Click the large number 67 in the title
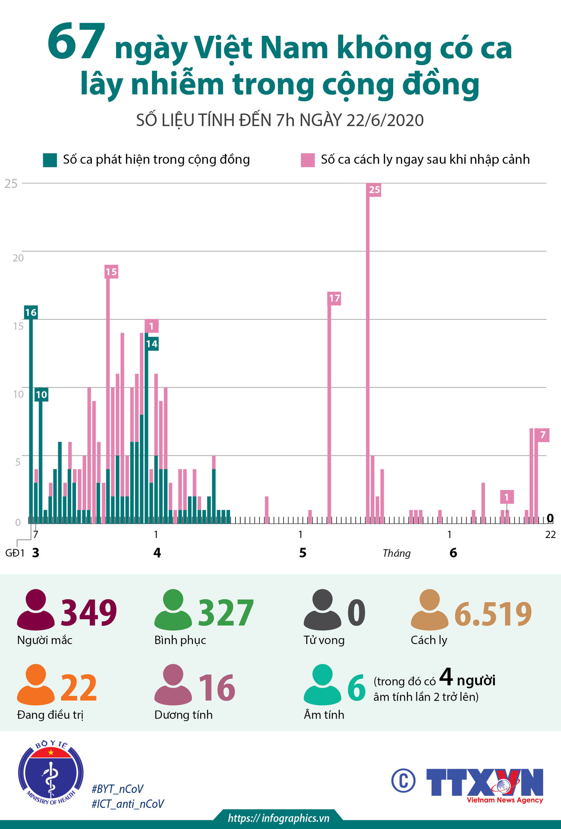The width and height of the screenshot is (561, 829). click(x=76, y=43)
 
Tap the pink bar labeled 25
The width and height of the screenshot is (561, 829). click(x=368, y=353)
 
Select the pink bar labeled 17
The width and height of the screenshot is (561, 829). click(x=329, y=410)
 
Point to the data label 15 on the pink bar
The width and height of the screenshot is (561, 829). click(x=111, y=272)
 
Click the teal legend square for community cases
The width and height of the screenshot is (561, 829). click(x=50, y=160)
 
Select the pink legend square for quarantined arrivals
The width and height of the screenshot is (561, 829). click(x=308, y=160)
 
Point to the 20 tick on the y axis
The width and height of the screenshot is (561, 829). click(x=18, y=258)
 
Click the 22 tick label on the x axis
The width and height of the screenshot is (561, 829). click(x=550, y=535)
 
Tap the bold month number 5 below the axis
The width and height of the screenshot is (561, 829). click(x=303, y=553)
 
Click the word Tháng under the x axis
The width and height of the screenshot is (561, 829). click(x=396, y=553)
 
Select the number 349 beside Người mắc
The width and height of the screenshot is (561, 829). click(x=89, y=613)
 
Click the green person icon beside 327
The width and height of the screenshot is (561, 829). click(x=173, y=610)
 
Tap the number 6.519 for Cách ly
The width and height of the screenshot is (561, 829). click(x=493, y=614)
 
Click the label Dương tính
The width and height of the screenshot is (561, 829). click(x=183, y=715)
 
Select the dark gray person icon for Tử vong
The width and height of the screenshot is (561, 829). click(x=322, y=610)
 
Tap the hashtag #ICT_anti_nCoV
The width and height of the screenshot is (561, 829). click(x=128, y=804)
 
